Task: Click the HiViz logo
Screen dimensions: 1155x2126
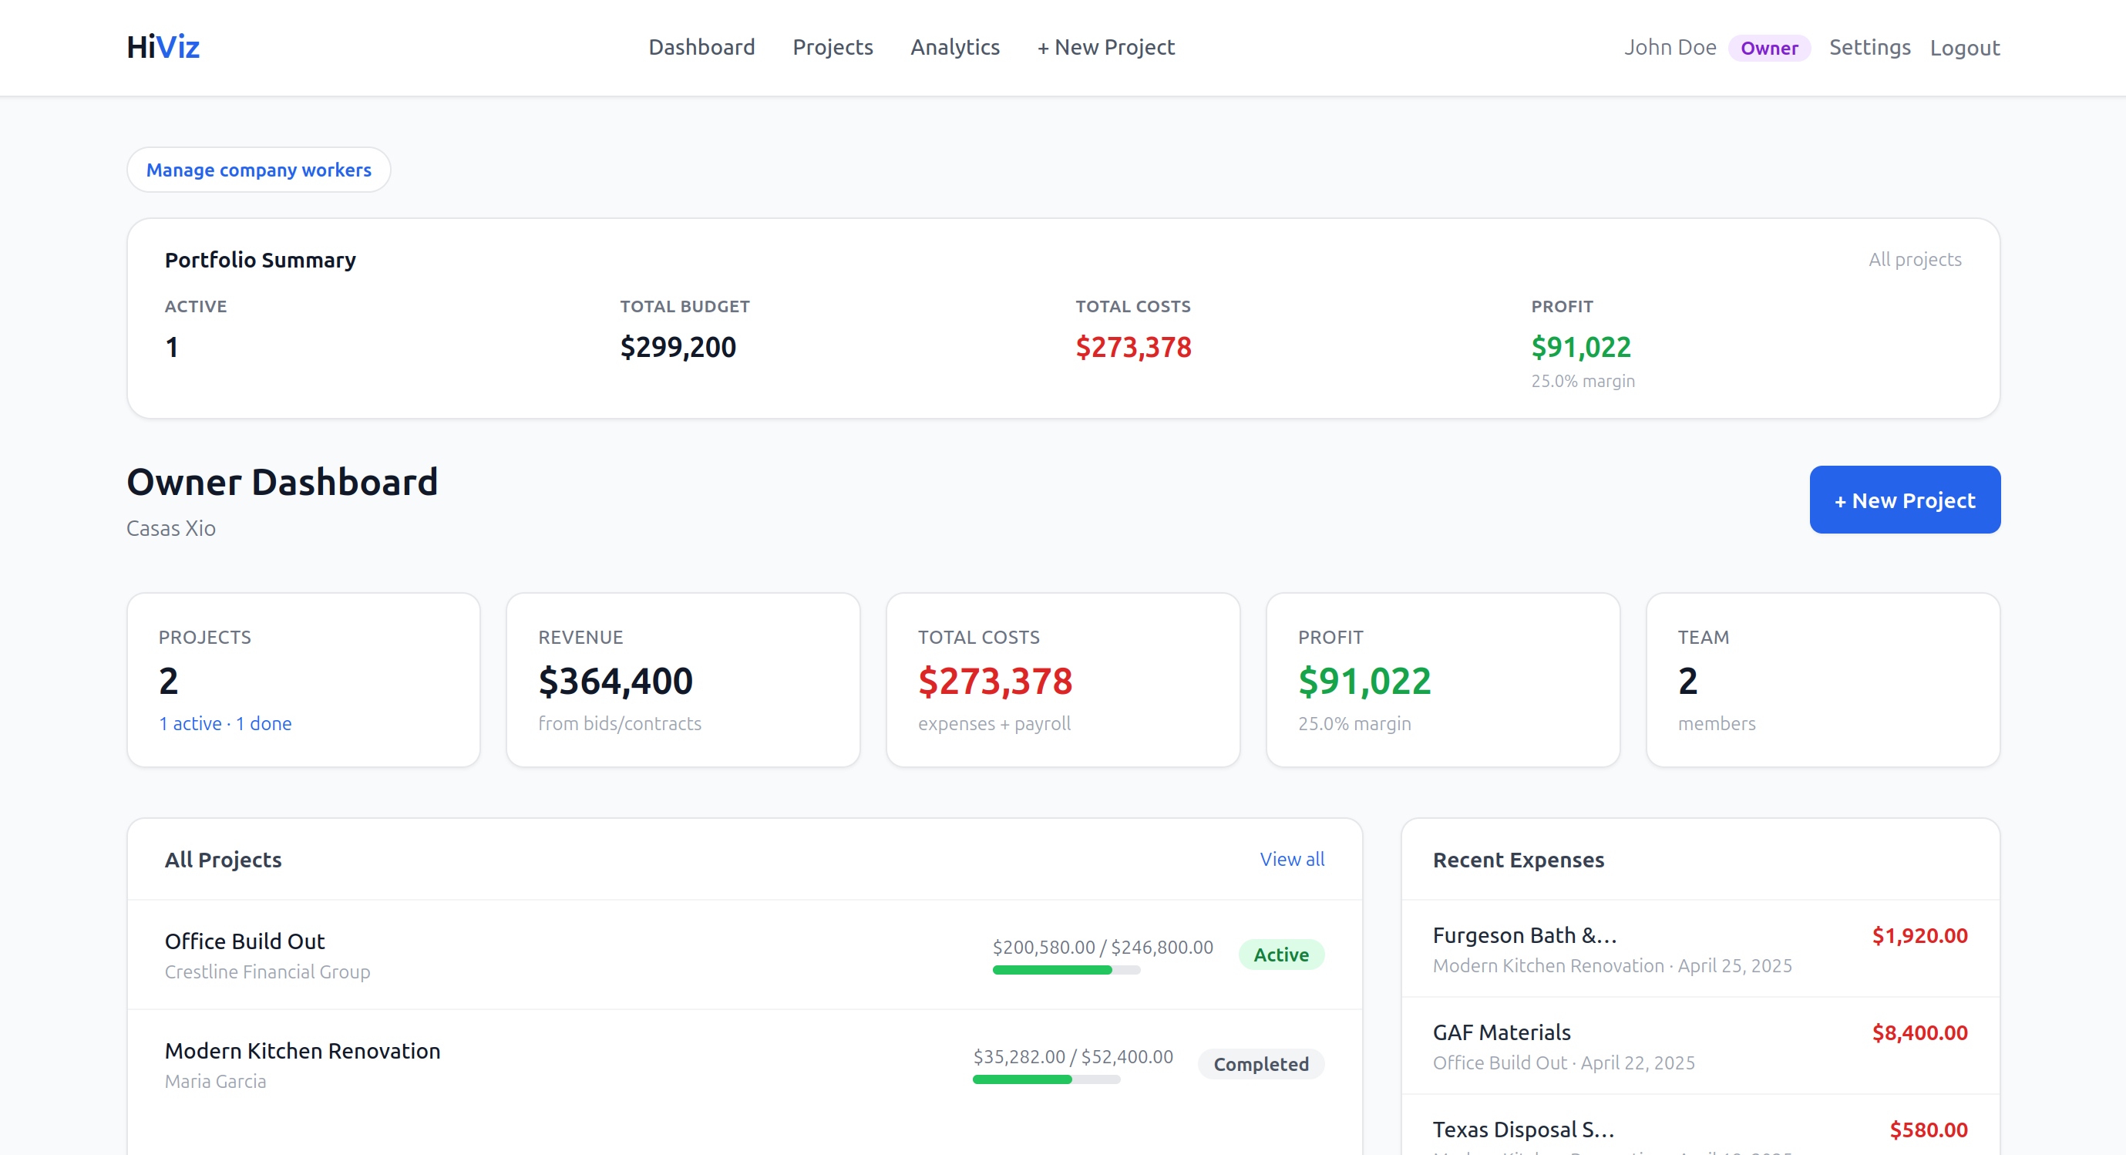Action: [x=163, y=47]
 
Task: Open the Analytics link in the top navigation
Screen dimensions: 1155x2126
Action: [x=955, y=47]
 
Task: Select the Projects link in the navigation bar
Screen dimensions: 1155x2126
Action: [x=832, y=47]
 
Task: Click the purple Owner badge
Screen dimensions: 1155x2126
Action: [x=1768, y=48]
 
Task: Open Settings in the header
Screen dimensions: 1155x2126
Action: [x=1869, y=47]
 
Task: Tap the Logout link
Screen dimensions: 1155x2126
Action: [x=1964, y=48]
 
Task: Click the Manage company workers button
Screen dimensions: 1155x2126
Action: [x=258, y=170]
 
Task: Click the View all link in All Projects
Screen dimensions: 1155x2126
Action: [x=1292, y=859]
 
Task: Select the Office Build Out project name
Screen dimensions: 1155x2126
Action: [x=244, y=941]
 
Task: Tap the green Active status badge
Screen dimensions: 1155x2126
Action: [x=1281, y=955]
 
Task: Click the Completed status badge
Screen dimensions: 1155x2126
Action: [x=1260, y=1064]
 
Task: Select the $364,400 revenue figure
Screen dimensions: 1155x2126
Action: [x=615, y=681]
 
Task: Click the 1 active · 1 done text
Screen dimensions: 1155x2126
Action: [x=224, y=723]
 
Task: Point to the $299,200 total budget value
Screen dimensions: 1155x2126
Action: [x=678, y=347]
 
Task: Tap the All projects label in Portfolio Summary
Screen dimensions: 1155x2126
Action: [x=1915, y=259]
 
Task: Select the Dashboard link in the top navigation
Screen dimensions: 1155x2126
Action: [x=701, y=47]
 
